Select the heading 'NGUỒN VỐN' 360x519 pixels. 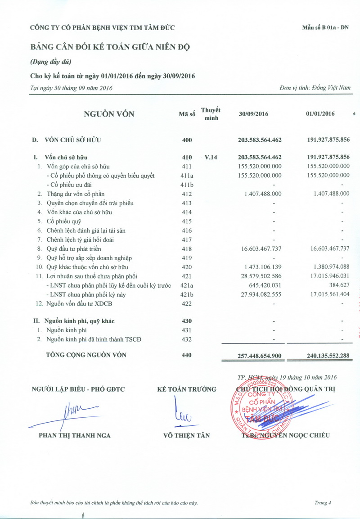tap(109, 114)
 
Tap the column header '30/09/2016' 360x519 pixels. tap(253, 114)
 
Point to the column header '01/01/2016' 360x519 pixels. tap(320, 114)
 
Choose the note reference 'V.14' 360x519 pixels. tap(211, 158)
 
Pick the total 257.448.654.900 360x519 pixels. tap(260, 356)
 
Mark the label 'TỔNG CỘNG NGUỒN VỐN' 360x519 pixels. tap(86, 355)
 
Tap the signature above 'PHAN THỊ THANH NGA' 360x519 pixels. tap(72, 413)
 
